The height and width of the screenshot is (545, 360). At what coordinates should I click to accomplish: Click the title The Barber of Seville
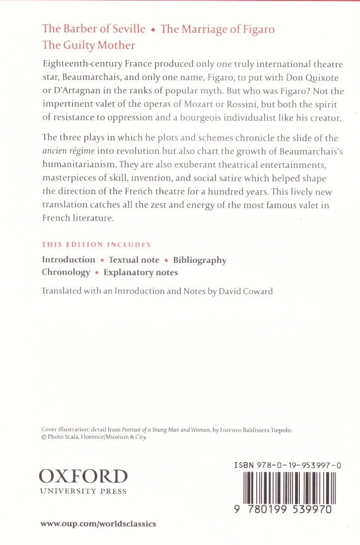pos(94,29)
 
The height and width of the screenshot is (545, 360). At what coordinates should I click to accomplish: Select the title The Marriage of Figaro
pos(217,29)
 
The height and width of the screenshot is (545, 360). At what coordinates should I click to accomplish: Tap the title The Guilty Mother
pos(89,45)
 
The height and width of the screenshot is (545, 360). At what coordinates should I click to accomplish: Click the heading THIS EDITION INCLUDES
pos(96,245)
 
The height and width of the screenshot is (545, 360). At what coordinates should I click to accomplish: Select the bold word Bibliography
pos(200,260)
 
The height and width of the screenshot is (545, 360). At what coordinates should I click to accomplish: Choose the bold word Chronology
pos(66,272)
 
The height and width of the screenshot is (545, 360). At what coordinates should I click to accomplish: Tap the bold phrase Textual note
pos(134,260)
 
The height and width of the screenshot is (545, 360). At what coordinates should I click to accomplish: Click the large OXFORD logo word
pos(83,477)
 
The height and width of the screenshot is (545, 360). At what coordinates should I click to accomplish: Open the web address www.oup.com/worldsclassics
pos(98,524)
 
